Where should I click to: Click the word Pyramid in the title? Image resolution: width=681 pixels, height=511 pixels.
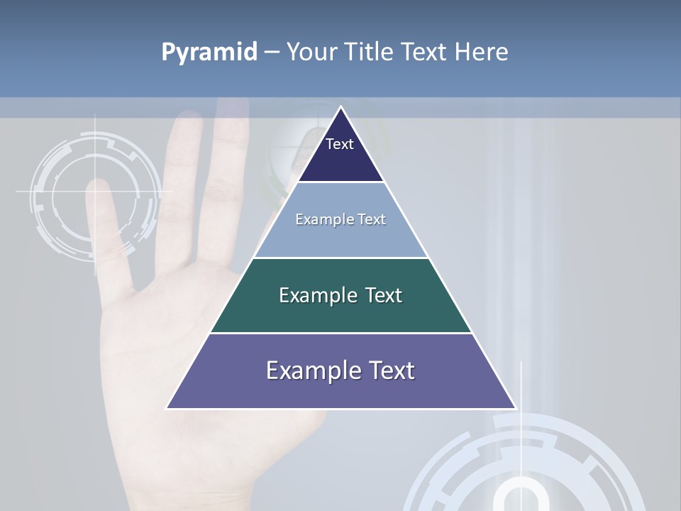tap(209, 53)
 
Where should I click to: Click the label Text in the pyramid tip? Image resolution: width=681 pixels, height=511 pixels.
tap(340, 144)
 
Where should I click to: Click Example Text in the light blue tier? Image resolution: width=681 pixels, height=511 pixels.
tap(340, 219)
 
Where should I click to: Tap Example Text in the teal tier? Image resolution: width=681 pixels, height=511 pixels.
tap(340, 295)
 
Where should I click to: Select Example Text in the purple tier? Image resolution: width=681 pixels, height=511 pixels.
tap(340, 370)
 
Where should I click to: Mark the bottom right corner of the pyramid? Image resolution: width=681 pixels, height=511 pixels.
tap(516, 408)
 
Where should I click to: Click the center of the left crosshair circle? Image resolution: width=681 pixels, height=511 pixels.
tap(94, 192)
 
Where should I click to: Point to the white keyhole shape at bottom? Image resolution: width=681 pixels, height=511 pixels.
tap(521, 497)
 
